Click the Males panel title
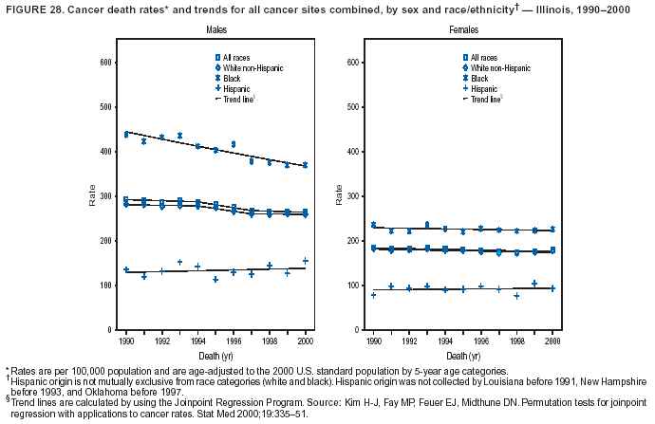tap(216, 31)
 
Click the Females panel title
tap(463, 31)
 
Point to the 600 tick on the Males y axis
tap(107, 63)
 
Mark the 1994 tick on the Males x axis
tap(197, 339)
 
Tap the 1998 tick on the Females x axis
tap(516, 339)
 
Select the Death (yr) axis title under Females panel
tap(463, 353)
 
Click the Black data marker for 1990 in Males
tap(126, 135)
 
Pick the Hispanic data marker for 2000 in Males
tap(306, 261)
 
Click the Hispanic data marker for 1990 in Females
tap(373, 295)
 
